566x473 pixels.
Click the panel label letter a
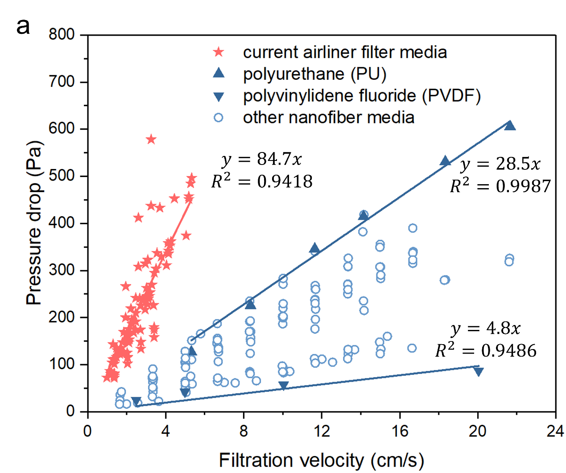pos(23,27)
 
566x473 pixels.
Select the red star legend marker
pos(219,52)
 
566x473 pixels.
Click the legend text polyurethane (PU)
pos(314,74)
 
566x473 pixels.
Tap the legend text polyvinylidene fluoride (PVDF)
pos(362,96)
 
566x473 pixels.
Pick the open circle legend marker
pos(219,118)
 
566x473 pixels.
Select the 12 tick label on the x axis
pos(322,431)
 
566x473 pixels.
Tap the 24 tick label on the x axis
pos(555,431)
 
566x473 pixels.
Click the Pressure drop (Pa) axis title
pos(34,223)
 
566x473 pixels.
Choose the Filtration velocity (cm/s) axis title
pos(321,460)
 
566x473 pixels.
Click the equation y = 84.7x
pos(262,159)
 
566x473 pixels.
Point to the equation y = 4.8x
pos(486,329)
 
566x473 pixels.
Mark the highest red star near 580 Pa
pos(151,140)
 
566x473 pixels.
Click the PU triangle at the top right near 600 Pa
pos(510,125)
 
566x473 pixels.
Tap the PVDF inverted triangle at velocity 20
pos(478,371)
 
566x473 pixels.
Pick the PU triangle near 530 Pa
pos(445,161)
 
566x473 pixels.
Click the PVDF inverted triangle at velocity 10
pos(284,386)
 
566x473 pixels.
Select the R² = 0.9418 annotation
pos(262,181)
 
